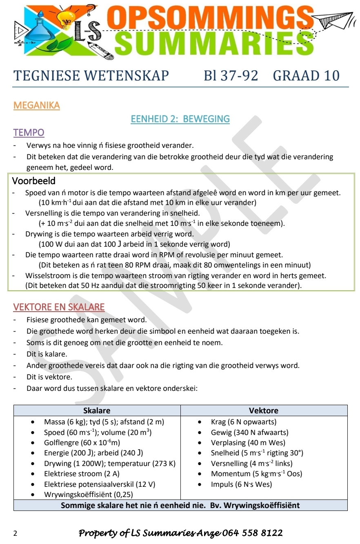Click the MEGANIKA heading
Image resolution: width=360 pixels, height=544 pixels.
coord(36,105)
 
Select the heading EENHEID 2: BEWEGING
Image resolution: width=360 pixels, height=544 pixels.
coord(180,119)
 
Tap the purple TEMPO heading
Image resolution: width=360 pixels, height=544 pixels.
coord(29,132)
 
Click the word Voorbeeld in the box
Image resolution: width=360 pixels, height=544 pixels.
coord(33,180)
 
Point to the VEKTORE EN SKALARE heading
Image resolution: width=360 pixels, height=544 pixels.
coord(59,307)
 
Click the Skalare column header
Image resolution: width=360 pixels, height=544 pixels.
coord(97,410)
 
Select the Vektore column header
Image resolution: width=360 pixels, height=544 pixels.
coord(264,410)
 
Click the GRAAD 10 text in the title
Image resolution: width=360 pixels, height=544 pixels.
coord(306,76)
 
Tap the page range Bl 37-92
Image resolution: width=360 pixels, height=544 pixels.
coord(231,76)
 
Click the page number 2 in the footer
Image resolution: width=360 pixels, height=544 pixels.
coord(16,533)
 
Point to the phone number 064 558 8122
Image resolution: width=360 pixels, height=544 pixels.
coord(253,533)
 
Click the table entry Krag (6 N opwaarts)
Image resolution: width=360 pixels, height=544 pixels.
coord(243,422)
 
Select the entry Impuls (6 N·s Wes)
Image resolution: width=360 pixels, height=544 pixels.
coord(241,484)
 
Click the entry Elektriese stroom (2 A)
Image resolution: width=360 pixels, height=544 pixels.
coord(73,474)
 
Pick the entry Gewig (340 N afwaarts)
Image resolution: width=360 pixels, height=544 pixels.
coord(249,432)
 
